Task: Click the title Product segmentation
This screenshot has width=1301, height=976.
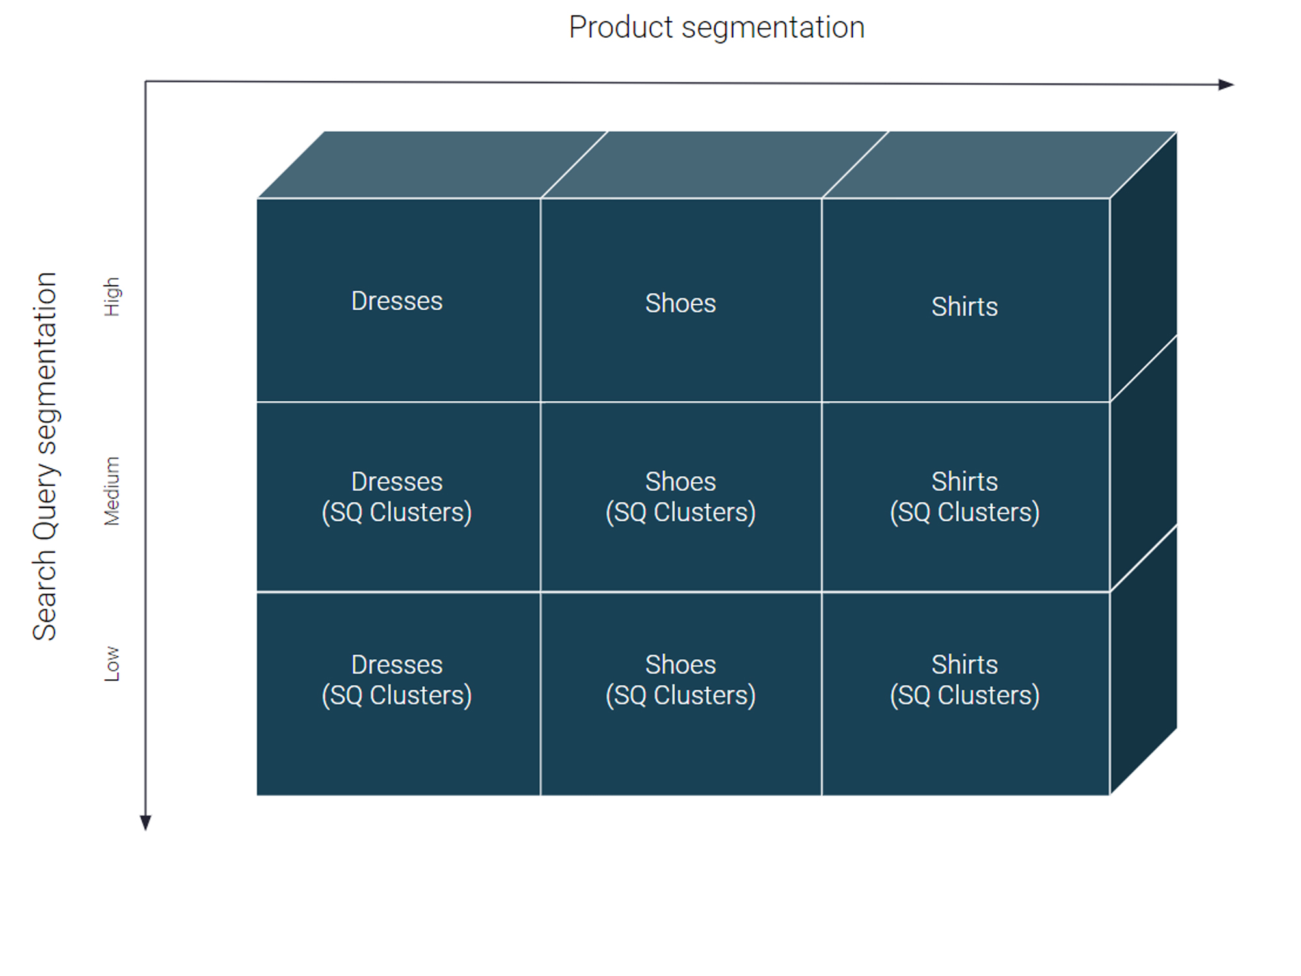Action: point(717,28)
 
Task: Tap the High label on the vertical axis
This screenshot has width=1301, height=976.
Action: point(112,297)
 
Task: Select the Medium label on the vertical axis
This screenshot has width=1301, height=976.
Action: point(112,491)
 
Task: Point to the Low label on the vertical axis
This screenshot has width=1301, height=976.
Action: point(112,664)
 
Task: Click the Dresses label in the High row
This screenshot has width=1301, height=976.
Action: point(397,301)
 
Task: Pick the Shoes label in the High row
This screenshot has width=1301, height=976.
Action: point(680,303)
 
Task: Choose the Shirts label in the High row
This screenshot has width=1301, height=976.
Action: point(965,306)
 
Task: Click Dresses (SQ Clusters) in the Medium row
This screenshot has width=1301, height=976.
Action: point(397,497)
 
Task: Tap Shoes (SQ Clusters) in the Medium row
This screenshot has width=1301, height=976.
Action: point(680,497)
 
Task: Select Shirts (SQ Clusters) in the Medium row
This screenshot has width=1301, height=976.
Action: point(965,497)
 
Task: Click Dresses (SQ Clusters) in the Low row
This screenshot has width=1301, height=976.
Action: point(397,680)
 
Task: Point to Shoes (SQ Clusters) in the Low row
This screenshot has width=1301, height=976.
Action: point(680,680)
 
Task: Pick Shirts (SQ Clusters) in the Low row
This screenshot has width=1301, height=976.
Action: point(965,680)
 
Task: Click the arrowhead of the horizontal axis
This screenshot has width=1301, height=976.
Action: point(1226,85)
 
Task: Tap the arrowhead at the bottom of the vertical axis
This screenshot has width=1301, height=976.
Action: point(146,823)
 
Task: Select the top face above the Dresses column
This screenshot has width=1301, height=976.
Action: point(433,165)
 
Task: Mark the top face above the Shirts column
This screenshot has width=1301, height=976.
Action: point(1000,165)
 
